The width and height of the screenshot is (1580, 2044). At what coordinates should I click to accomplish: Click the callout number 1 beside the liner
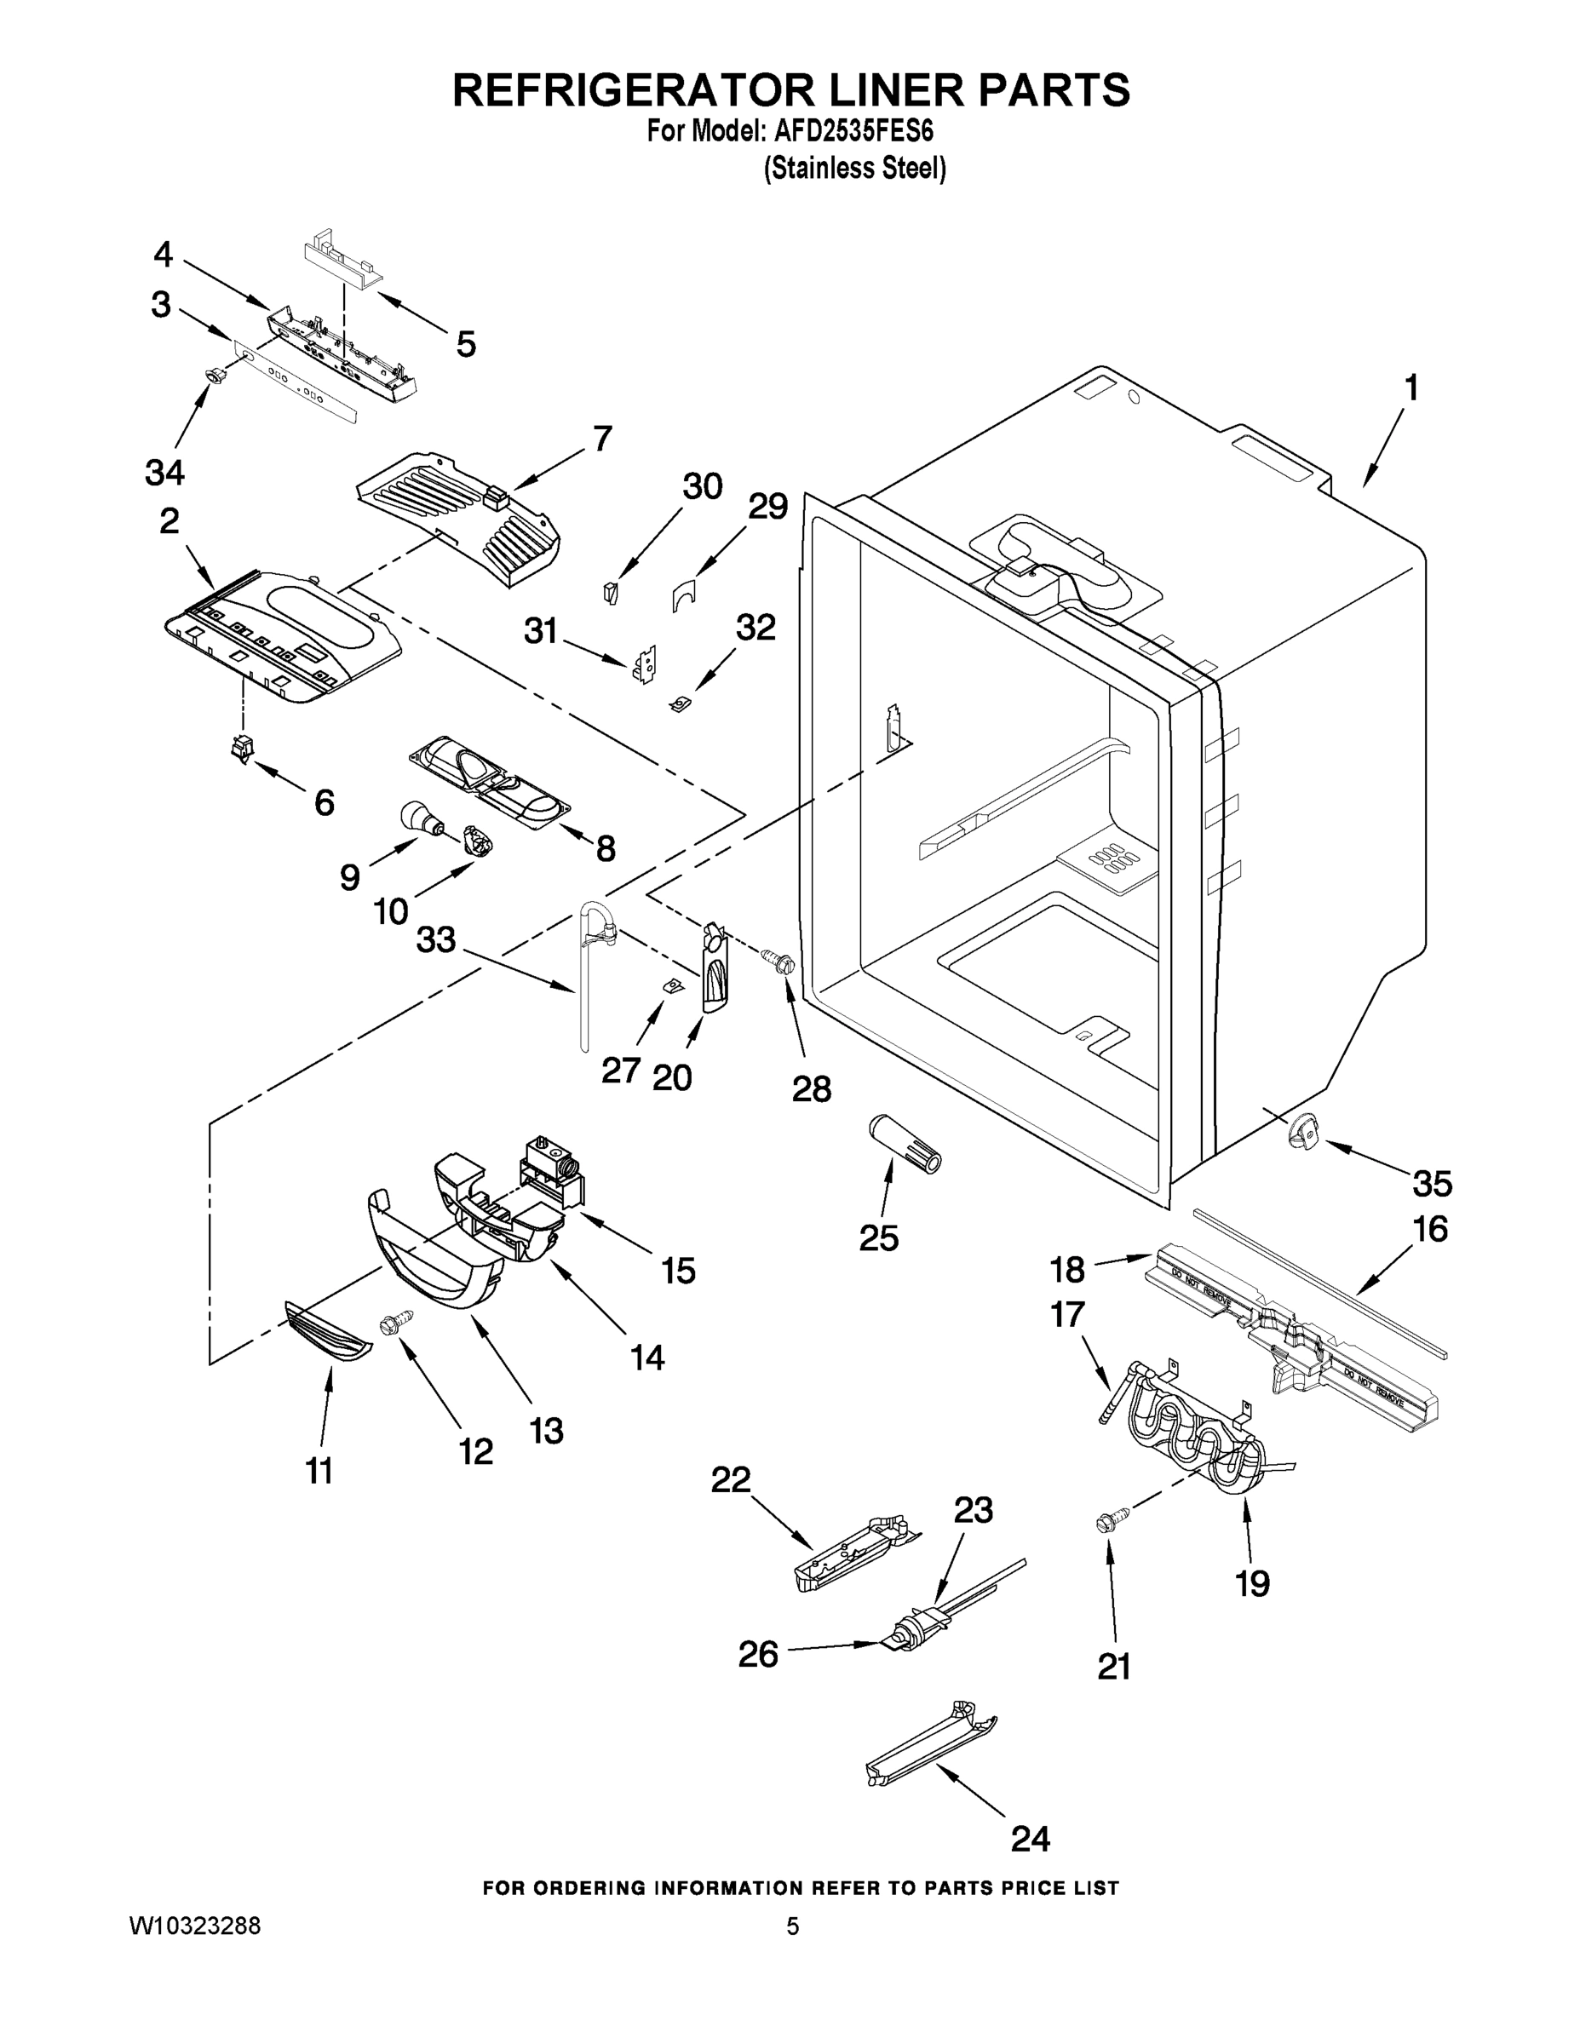point(1411,388)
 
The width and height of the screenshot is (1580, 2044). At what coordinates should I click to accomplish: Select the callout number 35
point(1431,1183)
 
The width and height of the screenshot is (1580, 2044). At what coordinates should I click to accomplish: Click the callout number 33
point(435,939)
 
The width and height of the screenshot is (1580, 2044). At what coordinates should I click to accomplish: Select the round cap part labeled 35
point(1302,1134)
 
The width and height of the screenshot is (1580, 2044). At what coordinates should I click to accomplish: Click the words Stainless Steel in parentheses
point(854,169)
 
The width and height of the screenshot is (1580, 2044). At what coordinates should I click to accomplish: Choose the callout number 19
point(1251,1583)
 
